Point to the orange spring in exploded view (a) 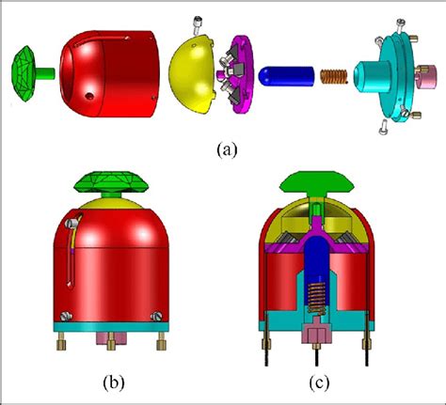[331, 77]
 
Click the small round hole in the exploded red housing [91, 96]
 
